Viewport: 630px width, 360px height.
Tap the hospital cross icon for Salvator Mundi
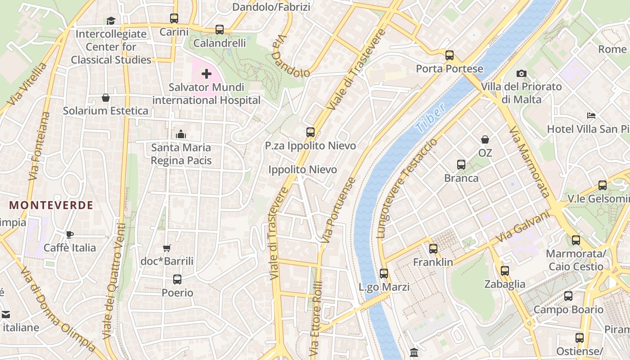click(207, 74)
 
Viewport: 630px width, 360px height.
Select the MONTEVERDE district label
click(51, 205)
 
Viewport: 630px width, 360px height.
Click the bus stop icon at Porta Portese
click(449, 55)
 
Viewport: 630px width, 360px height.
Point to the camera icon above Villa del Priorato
click(521, 73)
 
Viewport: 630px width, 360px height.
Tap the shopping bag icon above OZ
click(485, 139)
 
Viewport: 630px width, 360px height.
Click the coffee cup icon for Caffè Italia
click(70, 234)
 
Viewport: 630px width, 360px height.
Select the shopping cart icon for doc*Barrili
click(167, 248)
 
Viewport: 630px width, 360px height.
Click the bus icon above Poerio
click(177, 279)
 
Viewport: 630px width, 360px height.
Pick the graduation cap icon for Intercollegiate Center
click(111, 21)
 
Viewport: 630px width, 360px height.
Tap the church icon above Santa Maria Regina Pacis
click(181, 134)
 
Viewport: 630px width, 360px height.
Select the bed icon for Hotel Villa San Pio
click(591, 116)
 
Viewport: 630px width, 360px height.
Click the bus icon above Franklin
click(433, 248)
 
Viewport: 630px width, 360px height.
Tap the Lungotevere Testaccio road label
click(406, 188)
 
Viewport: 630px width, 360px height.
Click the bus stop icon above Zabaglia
click(505, 270)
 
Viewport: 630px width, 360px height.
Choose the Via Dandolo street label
click(291, 57)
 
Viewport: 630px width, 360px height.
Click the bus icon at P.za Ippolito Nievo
click(310, 132)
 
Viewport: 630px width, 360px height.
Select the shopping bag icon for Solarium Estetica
click(105, 98)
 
